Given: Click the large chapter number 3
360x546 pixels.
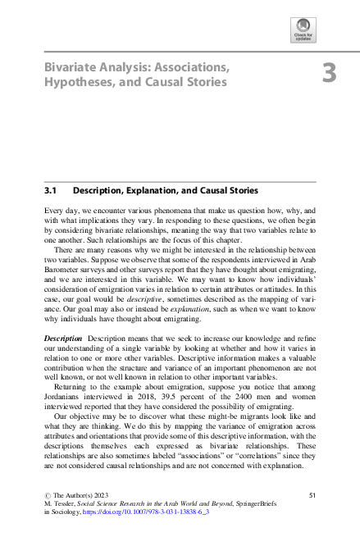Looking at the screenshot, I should coord(329,73).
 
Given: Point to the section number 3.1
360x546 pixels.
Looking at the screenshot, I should coord(51,189).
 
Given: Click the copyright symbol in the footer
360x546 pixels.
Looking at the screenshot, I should coord(47,495).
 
